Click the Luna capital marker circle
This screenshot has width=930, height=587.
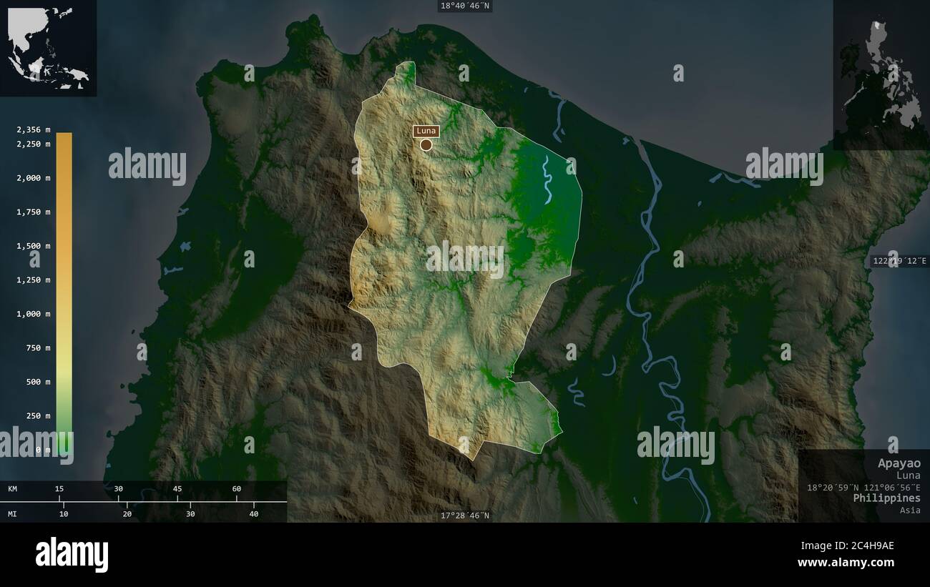(x=426, y=145)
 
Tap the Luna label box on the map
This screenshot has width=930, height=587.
(x=426, y=131)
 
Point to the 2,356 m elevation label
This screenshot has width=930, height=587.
(x=34, y=129)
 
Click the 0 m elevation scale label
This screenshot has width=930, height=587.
(x=44, y=450)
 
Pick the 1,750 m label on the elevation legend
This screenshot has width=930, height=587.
(x=34, y=212)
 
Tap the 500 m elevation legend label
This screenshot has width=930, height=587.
(x=38, y=382)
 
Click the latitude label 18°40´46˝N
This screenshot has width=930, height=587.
(x=465, y=6)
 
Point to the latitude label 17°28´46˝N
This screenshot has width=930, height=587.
(x=465, y=516)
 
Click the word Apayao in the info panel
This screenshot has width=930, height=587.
(x=899, y=463)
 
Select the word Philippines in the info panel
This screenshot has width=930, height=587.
(x=886, y=498)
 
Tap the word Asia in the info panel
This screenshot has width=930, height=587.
(x=911, y=510)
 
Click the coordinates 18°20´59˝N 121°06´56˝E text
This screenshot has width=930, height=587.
(x=863, y=487)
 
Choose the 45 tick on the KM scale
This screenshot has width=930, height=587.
(x=177, y=489)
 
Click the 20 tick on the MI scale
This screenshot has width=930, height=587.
(x=127, y=513)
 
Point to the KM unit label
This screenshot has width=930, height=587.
(x=13, y=489)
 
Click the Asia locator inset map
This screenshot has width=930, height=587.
(x=48, y=47)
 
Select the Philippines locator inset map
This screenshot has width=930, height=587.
(x=881, y=74)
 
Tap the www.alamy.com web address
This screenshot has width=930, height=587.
(x=846, y=563)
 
